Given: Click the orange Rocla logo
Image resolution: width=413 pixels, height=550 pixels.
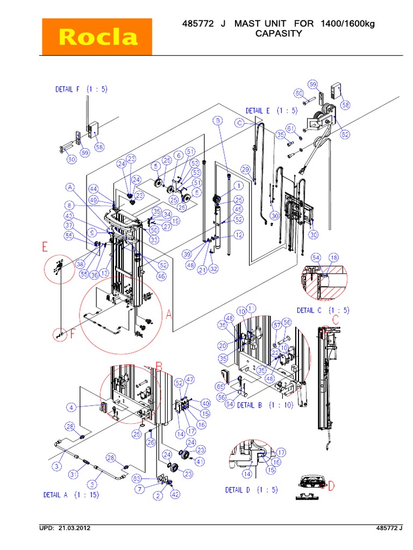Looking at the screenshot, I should tap(98, 37).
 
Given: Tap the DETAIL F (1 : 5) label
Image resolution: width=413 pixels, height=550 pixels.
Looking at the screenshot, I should tap(81, 89).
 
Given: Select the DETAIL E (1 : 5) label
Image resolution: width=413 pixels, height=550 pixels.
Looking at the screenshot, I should tap(272, 111).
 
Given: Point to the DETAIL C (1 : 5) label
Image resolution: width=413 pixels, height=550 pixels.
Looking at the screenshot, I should tap(323, 310).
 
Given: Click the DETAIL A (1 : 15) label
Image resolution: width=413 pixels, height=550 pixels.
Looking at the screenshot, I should tap(71, 495).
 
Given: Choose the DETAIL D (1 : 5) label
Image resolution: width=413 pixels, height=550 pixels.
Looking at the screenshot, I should tap(251, 490).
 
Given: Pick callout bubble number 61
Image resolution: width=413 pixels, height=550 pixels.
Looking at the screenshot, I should tap(291, 128).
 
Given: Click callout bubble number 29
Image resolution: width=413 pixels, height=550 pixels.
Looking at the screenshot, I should tap(246, 170).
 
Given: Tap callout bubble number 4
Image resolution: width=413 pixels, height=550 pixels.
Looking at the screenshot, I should tap(72, 407).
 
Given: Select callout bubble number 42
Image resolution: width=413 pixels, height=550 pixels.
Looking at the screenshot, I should tap(175, 495).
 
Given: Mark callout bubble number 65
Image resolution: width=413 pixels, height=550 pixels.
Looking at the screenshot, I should tap(220, 386).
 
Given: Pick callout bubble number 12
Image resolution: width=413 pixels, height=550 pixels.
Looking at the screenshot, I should tap(238, 234).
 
